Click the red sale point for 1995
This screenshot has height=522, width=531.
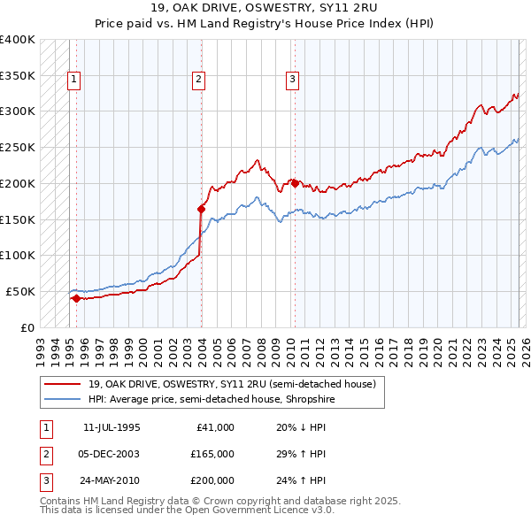pyautogui.click(x=76, y=298)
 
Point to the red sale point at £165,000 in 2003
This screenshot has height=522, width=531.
pyautogui.click(x=202, y=209)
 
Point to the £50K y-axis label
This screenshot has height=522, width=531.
pyautogui.click(x=21, y=291)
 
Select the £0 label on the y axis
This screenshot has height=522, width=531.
pyautogui.click(x=28, y=327)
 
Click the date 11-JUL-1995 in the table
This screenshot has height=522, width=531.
pyautogui.click(x=112, y=427)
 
